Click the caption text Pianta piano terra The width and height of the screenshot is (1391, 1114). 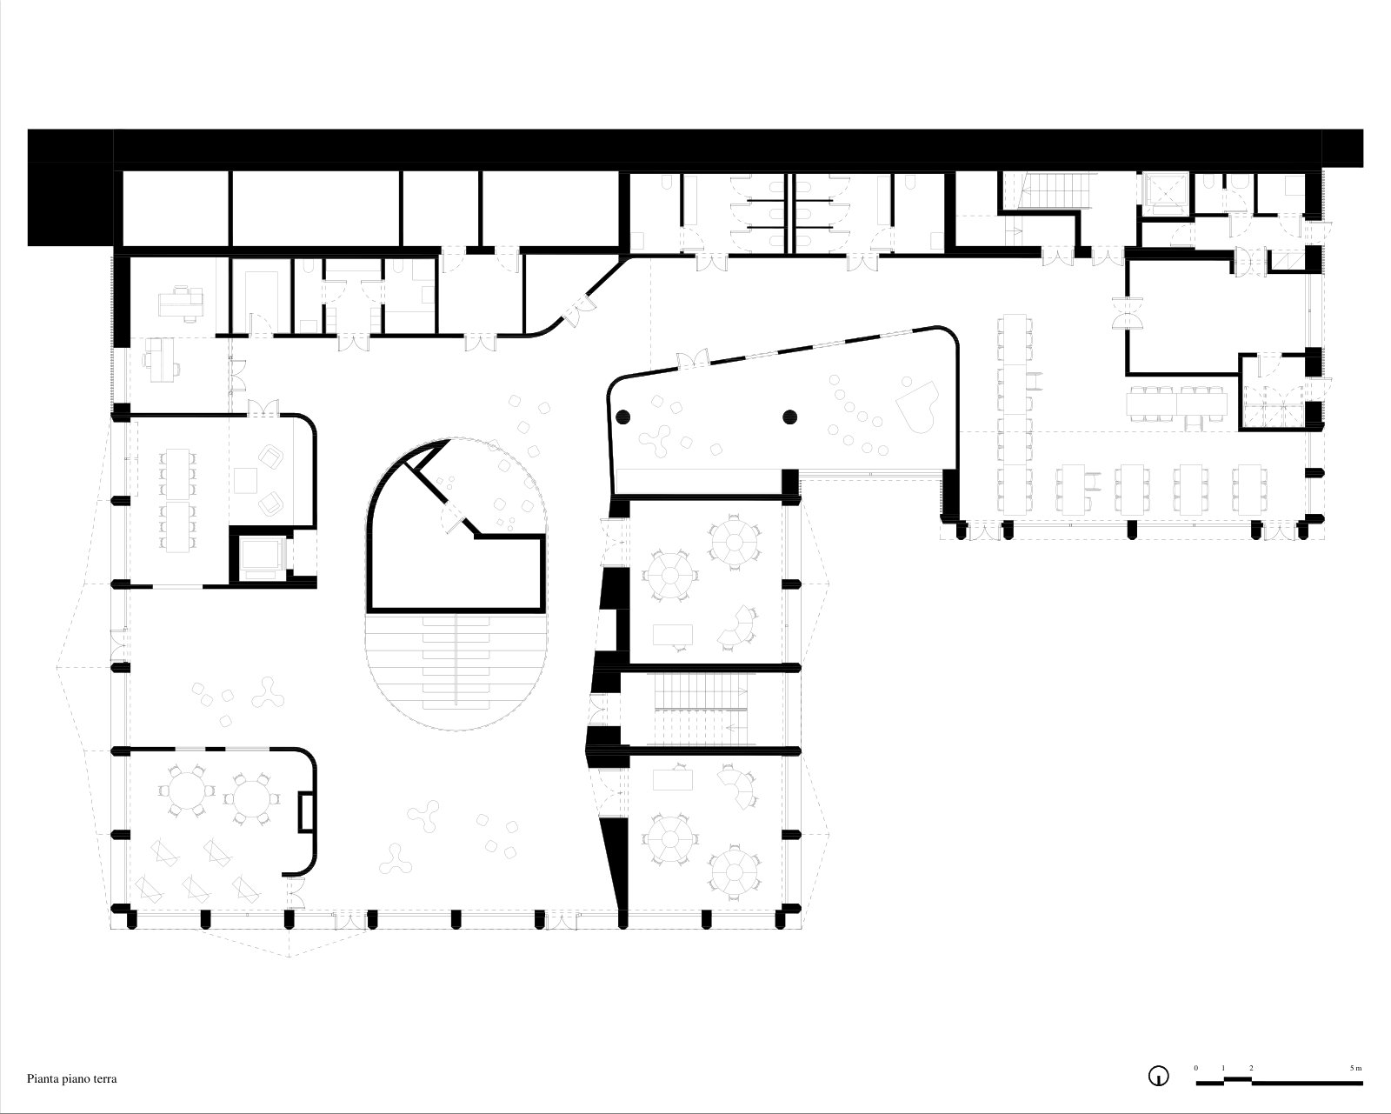[x=72, y=1078]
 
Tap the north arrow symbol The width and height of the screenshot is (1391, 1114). [x=1158, y=1077]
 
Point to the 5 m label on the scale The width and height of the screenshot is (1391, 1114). [x=1355, y=1067]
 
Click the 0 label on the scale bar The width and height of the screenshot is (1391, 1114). [x=1195, y=1067]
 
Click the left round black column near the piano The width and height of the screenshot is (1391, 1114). [x=622, y=417]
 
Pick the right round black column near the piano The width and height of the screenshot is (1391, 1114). [x=790, y=417]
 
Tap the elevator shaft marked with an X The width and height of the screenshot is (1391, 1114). [x=1166, y=193]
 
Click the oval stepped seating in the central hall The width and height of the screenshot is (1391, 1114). [x=456, y=671]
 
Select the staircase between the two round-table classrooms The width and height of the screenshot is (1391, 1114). [x=701, y=710]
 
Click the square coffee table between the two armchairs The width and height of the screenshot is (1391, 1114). [x=246, y=481]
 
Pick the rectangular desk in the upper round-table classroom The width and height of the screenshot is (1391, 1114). [x=672, y=634]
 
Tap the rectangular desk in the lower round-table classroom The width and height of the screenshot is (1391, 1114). [x=672, y=780]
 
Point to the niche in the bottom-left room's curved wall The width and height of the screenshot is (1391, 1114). [x=306, y=811]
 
